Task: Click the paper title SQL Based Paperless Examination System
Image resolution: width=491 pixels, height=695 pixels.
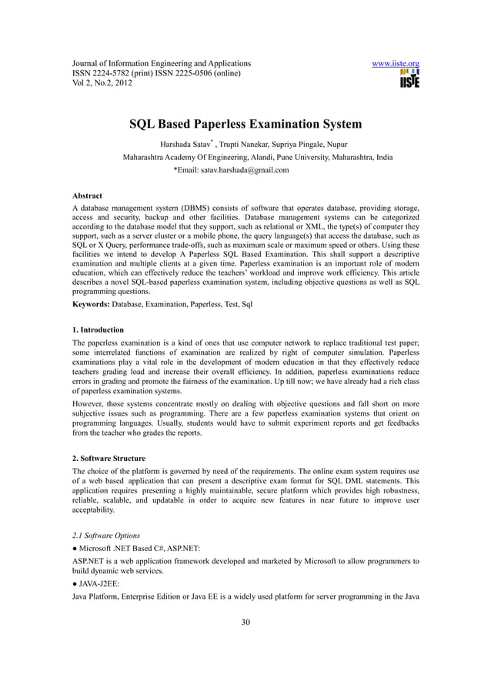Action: (245, 124)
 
